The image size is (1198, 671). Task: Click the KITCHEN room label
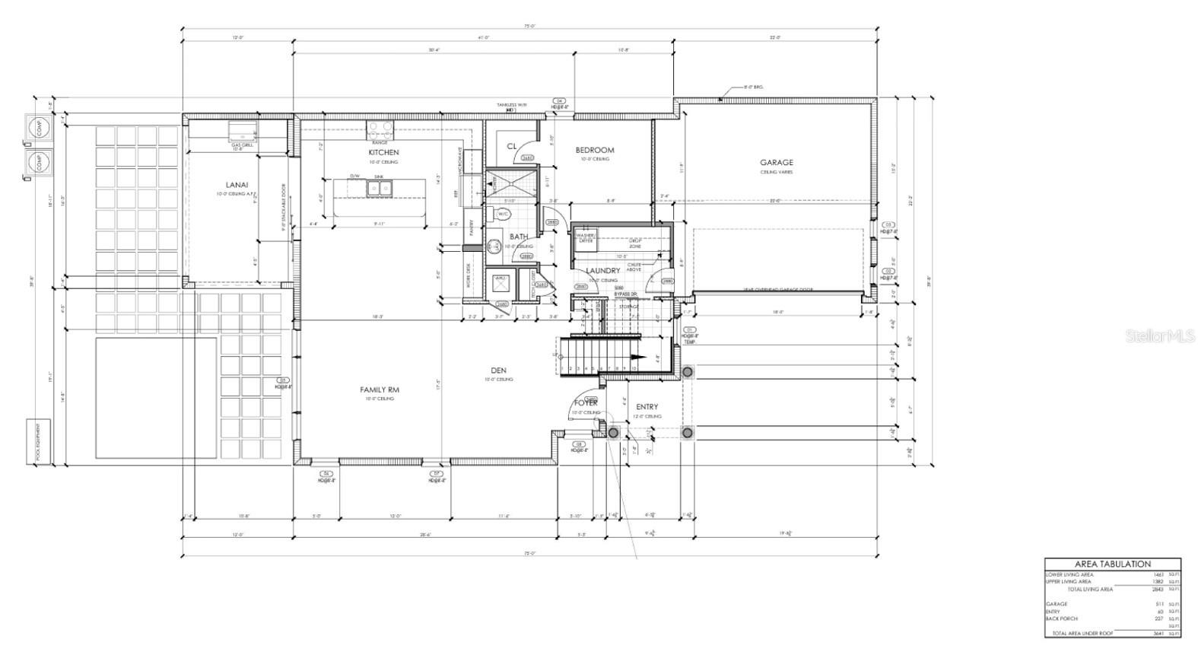[384, 153]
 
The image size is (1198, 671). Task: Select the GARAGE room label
[777, 162]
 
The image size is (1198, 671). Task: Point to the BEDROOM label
[595, 150]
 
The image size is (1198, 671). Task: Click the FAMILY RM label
[380, 390]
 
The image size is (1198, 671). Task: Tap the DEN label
[499, 370]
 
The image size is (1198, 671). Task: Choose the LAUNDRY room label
[603, 270]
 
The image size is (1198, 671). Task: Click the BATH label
[519, 237]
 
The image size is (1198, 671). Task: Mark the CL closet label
[512, 146]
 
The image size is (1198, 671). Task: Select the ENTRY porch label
[647, 407]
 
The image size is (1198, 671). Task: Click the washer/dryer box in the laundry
[585, 238]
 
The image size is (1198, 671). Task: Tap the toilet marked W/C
[502, 215]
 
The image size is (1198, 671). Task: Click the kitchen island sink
[377, 186]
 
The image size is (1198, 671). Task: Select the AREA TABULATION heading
[1113, 564]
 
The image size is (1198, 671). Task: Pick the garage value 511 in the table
[1159, 604]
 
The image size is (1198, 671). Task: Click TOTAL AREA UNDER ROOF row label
[1081, 633]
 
